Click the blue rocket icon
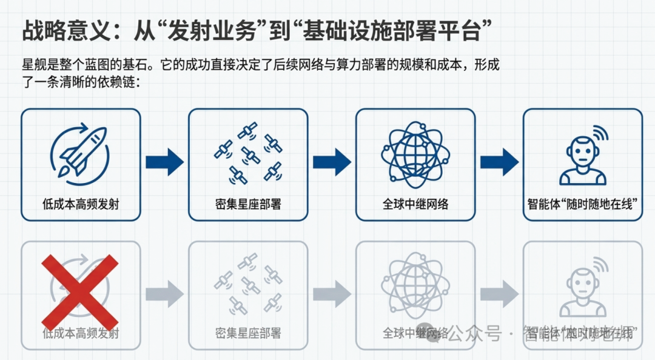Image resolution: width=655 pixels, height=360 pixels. pos(80,152)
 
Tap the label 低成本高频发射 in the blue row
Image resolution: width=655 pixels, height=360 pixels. pos(81,204)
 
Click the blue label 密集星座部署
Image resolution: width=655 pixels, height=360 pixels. pos(247,204)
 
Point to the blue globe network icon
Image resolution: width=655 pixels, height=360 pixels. pos(415,152)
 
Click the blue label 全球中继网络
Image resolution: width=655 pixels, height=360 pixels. pos(415,204)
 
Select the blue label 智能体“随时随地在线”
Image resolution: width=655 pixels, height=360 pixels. pos(582,204)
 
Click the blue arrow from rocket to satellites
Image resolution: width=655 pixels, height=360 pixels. pos(164,162)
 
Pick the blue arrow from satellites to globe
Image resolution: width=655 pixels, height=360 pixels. pos(332,162)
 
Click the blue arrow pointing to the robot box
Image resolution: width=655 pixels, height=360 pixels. pos(499,162)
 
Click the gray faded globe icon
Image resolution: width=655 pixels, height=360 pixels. pos(415,284)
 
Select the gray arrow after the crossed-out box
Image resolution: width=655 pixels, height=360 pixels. pos(164,294)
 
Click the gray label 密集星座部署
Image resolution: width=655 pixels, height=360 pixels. pos(247,333)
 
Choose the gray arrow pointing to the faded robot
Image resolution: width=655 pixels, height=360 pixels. pos(499,294)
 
